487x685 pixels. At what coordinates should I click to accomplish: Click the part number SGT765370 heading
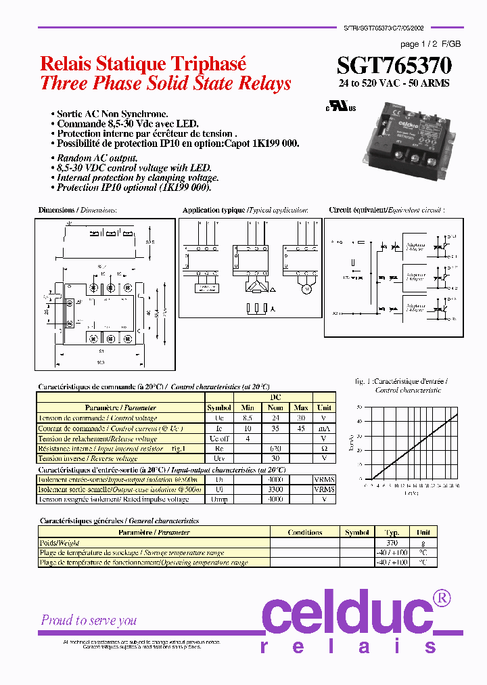click(394, 65)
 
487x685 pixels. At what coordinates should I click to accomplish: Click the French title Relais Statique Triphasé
click(143, 64)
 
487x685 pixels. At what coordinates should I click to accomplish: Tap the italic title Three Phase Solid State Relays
click(166, 83)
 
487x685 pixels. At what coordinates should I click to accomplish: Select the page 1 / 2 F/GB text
click(430, 44)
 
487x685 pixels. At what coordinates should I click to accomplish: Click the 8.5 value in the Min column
click(248, 418)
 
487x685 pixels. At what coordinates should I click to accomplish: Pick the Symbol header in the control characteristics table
click(219, 407)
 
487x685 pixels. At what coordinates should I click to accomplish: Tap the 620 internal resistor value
click(275, 449)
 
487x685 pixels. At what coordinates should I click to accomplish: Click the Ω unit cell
click(324, 449)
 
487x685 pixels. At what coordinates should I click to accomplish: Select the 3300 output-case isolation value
click(275, 489)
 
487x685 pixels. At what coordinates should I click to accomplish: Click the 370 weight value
click(392, 543)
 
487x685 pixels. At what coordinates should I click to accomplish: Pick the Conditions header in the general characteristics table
click(304, 532)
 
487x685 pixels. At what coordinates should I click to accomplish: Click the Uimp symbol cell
click(219, 499)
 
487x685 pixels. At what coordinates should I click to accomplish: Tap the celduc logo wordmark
click(348, 613)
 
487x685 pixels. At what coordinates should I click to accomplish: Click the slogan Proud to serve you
click(89, 620)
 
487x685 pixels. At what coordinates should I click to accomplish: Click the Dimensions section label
click(56, 211)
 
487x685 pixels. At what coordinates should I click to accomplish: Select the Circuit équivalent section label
click(355, 211)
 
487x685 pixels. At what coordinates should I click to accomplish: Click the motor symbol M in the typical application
click(305, 290)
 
